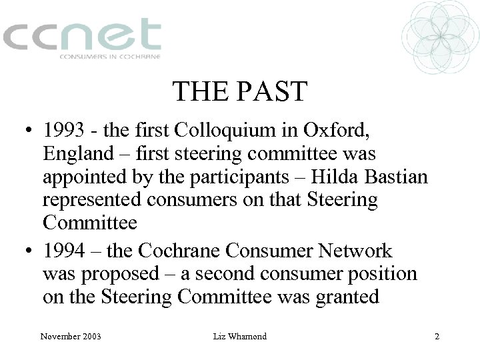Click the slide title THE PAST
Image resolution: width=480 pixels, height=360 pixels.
coord(240,92)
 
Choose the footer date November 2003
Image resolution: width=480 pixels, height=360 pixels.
coord(70,337)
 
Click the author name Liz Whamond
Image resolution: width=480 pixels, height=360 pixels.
coord(239,337)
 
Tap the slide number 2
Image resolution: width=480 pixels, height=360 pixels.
coord(437,337)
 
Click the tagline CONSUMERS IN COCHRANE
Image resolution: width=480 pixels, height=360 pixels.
coord(111,57)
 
